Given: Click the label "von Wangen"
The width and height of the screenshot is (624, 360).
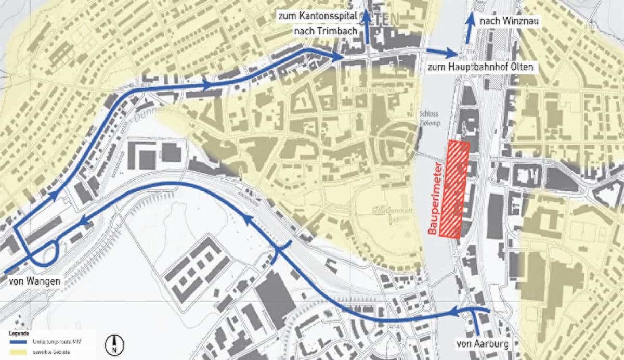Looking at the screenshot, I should (x=34, y=282).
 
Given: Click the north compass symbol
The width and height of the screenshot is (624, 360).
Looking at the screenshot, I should (x=114, y=344).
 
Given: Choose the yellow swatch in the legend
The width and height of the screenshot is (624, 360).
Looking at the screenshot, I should (x=19, y=352).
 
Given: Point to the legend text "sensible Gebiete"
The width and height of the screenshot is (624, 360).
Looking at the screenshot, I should (x=51, y=352).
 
